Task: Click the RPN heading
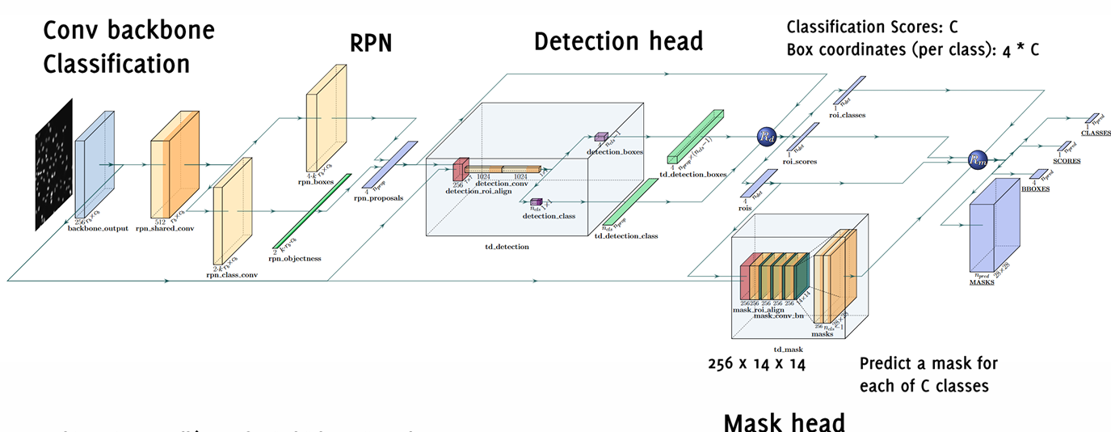tap(370, 43)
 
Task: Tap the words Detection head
tap(618, 41)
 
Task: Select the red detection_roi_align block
tap(459, 170)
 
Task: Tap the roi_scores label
tap(800, 162)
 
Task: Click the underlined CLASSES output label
tap(1096, 133)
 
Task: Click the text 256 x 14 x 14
tap(757, 364)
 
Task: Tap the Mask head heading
tap(784, 421)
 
